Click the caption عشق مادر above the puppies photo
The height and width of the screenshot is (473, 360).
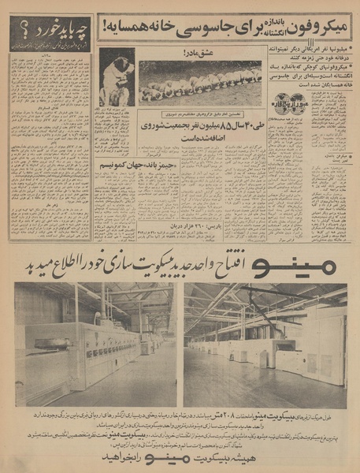(x=199, y=54)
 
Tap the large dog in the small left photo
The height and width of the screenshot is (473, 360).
(x=115, y=79)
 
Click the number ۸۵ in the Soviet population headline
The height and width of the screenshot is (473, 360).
(x=205, y=124)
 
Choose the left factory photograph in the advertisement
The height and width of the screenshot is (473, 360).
(x=95, y=343)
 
